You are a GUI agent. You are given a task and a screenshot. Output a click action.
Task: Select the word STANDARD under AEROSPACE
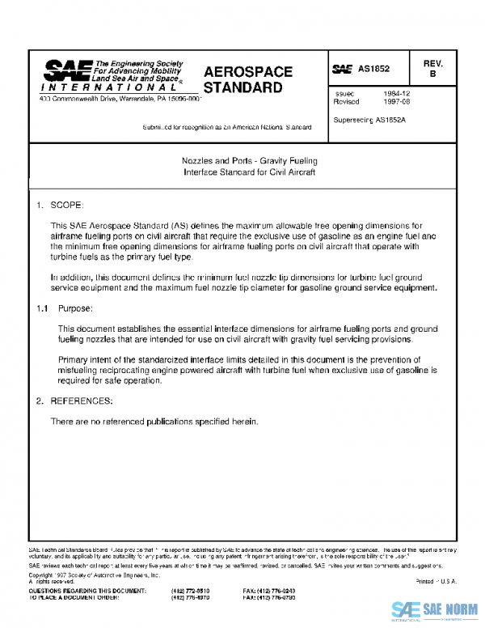click(242, 87)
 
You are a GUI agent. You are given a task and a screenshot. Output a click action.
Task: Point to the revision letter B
click(432, 74)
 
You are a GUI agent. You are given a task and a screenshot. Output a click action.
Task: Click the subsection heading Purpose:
click(76, 308)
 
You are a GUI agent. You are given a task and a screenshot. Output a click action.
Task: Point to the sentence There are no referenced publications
click(154, 422)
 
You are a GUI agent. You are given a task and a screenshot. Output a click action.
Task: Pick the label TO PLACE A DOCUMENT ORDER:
click(78, 598)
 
